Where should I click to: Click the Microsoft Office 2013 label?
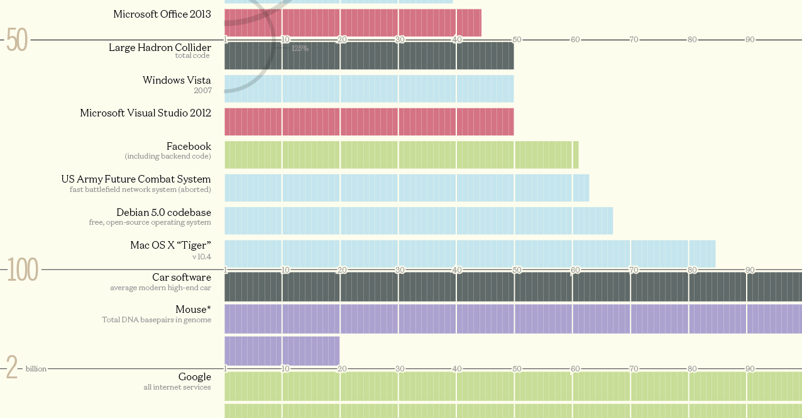(162, 14)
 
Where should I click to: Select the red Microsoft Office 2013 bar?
(353, 23)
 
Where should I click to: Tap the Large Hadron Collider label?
(160, 47)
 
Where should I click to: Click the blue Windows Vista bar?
(369, 89)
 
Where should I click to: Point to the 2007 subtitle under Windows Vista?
(202, 91)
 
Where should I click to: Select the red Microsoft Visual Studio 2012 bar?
(369, 121)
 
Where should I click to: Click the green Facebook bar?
(401, 155)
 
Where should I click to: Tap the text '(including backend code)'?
(168, 156)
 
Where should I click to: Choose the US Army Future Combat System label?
(136, 179)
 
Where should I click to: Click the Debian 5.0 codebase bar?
(419, 220)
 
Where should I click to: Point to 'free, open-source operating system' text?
(150, 222)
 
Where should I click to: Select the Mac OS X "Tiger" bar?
(470, 253)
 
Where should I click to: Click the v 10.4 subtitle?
(201, 257)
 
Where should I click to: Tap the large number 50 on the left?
(17, 41)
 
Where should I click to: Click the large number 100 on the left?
(23, 270)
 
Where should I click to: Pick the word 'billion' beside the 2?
(36, 369)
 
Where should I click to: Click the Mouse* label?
(193, 309)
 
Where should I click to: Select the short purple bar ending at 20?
(282, 350)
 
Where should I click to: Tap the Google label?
(194, 376)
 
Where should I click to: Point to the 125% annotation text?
(300, 48)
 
